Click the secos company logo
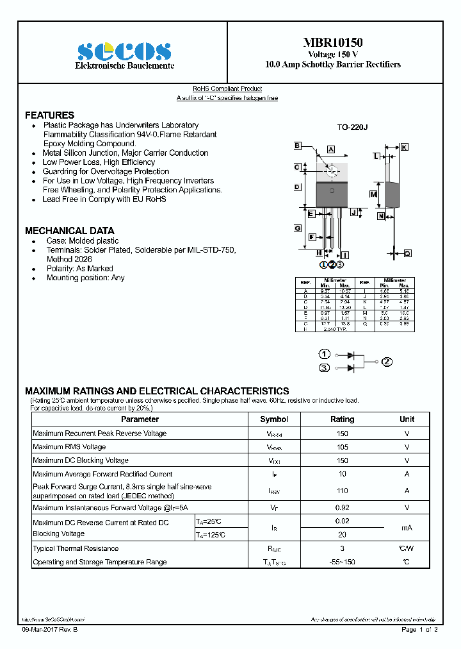point(124,51)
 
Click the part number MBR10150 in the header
point(333,43)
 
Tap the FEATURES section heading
point(49,115)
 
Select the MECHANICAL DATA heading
point(69,230)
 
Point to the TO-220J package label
point(353,128)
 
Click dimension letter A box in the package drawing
point(331,149)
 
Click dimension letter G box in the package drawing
point(298,228)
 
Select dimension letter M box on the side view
point(373,194)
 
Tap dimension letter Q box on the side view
point(407,253)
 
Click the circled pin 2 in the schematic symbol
point(387,362)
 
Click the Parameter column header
point(140,419)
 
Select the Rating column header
point(342,419)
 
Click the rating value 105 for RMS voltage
point(342,447)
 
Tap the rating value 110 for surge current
point(342,491)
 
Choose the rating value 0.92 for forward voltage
point(342,508)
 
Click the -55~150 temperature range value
point(342,562)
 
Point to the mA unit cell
point(407,528)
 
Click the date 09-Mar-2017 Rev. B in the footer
point(50,630)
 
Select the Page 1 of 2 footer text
point(419,630)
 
